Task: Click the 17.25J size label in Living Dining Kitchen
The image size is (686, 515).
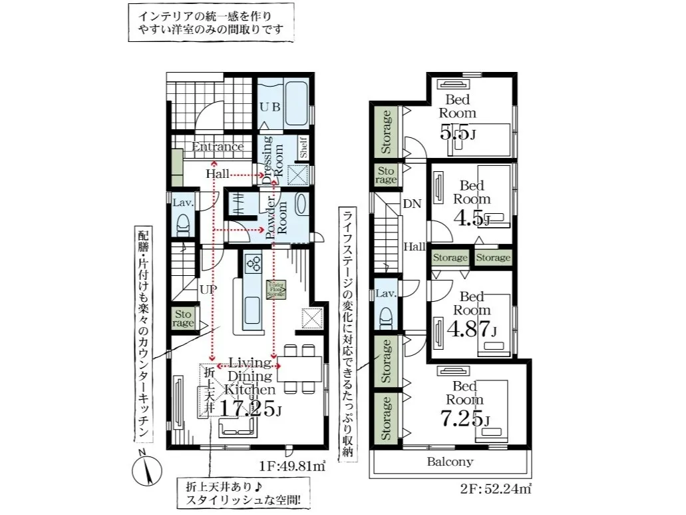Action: tap(248, 408)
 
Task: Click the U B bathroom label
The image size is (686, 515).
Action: tap(269, 106)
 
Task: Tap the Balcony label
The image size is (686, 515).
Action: tap(450, 461)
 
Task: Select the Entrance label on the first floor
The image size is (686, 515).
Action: tap(218, 147)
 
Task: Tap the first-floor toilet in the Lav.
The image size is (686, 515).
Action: tap(183, 227)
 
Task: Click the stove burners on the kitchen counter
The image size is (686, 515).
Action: tap(253, 264)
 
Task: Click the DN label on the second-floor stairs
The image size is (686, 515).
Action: tap(412, 205)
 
